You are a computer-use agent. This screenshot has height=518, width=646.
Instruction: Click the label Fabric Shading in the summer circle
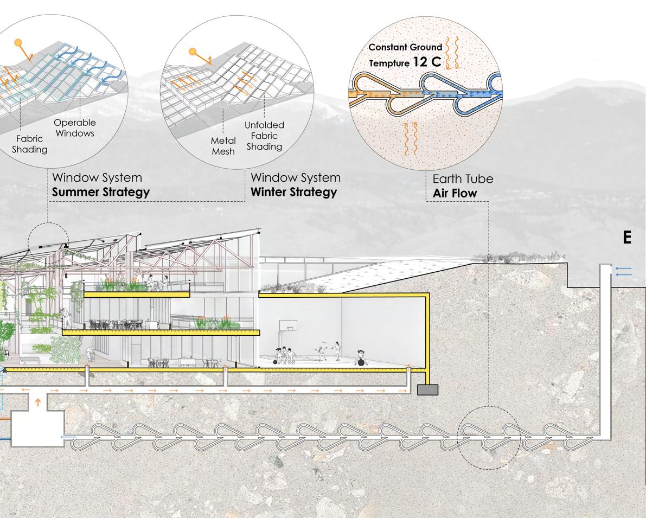(29, 144)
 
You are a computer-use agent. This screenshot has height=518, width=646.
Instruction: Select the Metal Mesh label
(223, 146)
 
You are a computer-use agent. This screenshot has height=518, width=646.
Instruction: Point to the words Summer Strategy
(100, 192)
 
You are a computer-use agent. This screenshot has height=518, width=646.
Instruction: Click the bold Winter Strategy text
(293, 192)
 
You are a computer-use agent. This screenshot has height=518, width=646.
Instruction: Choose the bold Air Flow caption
(455, 193)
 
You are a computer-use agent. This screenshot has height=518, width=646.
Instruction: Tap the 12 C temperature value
(427, 62)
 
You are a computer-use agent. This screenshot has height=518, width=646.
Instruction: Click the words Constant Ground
(405, 47)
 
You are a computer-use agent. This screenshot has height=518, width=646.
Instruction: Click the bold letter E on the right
(628, 238)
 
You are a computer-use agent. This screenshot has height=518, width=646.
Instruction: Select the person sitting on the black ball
(360, 358)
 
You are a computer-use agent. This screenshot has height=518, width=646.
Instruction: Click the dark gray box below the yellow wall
(427, 389)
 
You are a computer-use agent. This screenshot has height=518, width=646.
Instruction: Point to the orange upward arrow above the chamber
(37, 402)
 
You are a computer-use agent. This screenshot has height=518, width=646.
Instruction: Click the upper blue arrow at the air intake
(624, 268)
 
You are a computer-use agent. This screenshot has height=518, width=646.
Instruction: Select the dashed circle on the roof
(48, 242)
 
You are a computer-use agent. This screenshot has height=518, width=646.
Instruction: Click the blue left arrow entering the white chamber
(68, 436)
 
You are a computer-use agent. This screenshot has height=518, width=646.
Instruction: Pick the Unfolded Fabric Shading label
(264, 136)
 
